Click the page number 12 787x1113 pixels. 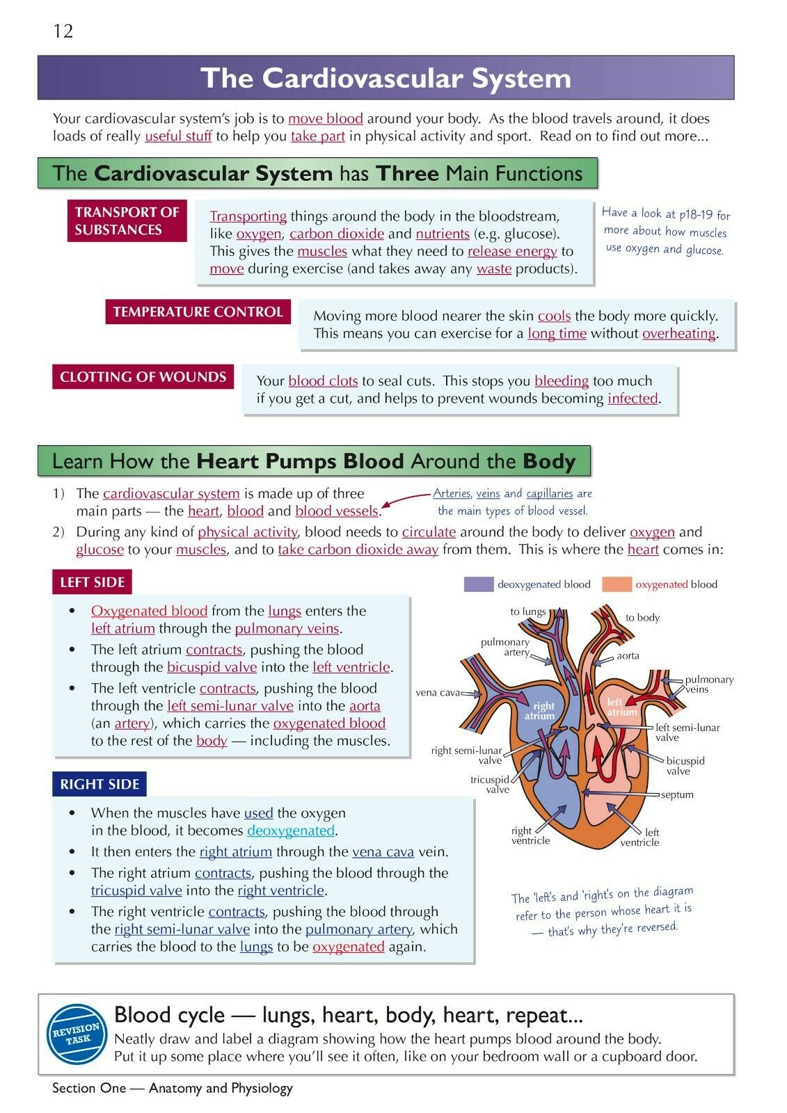[63, 31]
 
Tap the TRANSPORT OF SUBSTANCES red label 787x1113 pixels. [127, 221]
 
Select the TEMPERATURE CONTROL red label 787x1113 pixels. [198, 312]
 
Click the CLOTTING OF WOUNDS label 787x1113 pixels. [143, 377]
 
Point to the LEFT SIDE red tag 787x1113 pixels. [92, 582]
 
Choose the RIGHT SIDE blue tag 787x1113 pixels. [100, 784]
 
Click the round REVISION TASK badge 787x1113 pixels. [77, 1034]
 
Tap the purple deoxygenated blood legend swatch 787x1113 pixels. [478, 584]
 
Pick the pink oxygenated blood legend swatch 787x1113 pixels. [617, 584]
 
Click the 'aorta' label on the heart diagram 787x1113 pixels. [628, 656]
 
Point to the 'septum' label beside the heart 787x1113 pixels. [677, 794]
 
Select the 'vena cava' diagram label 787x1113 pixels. [438, 693]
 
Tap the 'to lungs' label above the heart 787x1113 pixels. [528, 611]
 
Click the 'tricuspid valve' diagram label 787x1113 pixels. [491, 785]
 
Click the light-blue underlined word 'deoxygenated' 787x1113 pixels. [291, 831]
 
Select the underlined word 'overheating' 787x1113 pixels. [678, 334]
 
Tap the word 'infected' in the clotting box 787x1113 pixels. [633, 399]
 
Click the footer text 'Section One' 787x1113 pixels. [89, 1088]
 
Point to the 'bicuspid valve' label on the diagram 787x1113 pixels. [685, 766]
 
